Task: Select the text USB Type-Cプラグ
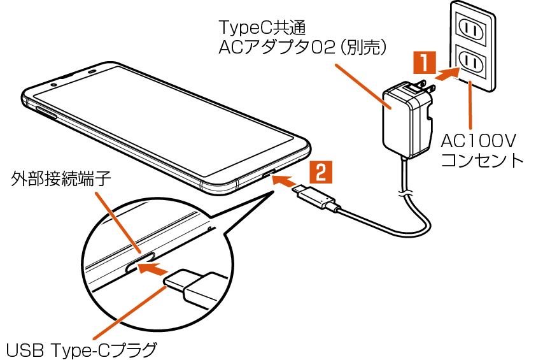click(x=81, y=349)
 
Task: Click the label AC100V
click(x=478, y=140)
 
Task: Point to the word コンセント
click(x=482, y=159)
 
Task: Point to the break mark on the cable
click(x=404, y=191)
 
